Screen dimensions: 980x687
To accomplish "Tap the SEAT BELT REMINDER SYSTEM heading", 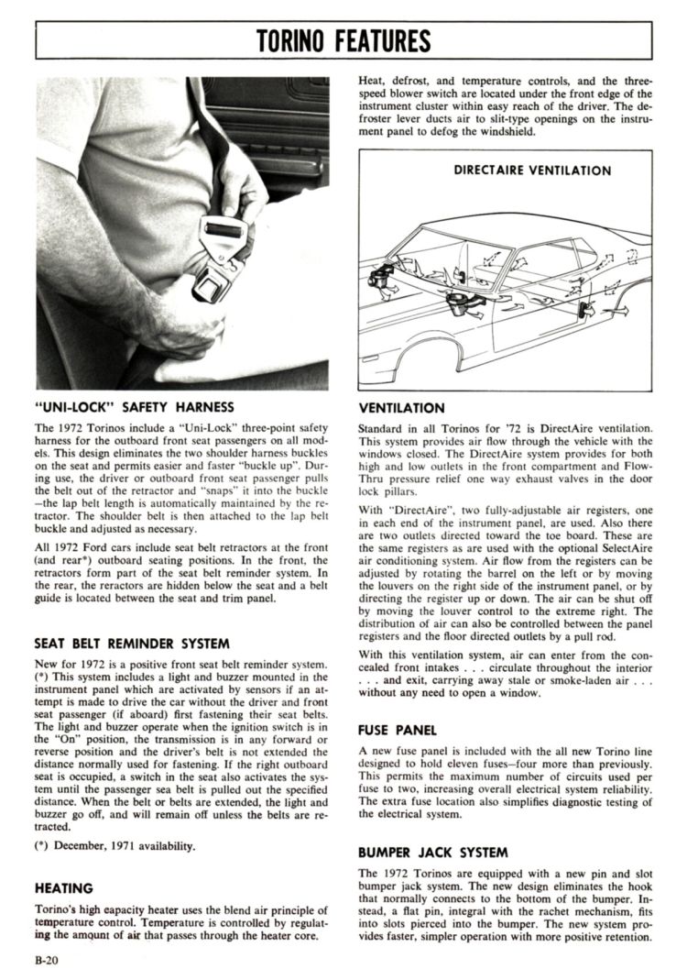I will click(x=132, y=643).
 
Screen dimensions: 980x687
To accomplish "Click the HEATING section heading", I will click(x=63, y=887).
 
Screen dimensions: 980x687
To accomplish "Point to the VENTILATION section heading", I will click(x=401, y=408).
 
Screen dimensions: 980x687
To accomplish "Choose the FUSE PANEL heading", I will click(x=398, y=730).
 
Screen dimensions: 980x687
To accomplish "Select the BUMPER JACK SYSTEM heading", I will click(x=433, y=852).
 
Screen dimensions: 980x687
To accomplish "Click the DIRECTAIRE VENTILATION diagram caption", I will click(x=532, y=171).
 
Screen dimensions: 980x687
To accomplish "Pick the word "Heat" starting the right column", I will click(x=371, y=80).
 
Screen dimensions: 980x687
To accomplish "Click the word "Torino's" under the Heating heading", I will click(x=60, y=908).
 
